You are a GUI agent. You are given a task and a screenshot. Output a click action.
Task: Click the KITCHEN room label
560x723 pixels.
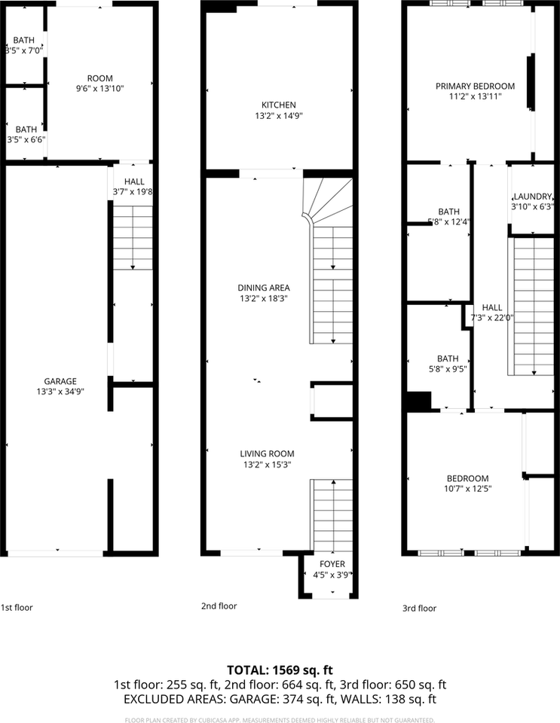(279, 105)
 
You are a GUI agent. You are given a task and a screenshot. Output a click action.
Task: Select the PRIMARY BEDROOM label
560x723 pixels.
(475, 86)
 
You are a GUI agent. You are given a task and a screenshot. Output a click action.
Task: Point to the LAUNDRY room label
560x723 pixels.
(532, 196)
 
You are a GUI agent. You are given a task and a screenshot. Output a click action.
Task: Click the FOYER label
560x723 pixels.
(328, 564)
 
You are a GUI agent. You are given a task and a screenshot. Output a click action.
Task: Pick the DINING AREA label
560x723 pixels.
(264, 287)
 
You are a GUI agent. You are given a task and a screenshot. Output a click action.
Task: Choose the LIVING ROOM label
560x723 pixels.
(267, 453)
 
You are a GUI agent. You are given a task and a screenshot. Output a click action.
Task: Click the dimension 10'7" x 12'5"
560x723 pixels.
(467, 489)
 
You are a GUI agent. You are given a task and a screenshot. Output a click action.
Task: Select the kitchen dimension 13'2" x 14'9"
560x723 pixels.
(279, 116)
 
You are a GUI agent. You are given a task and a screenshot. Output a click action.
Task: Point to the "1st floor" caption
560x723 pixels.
(17, 607)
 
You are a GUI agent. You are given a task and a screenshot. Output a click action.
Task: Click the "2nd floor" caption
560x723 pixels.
(219, 606)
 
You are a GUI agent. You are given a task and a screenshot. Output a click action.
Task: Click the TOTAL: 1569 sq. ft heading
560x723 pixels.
(280, 670)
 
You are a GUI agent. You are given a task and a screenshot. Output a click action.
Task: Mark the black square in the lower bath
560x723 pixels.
(418, 401)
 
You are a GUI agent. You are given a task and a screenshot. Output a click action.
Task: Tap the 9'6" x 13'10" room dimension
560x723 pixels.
(100, 88)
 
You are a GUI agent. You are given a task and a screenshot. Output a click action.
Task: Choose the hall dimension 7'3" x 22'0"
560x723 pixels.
(492, 318)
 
